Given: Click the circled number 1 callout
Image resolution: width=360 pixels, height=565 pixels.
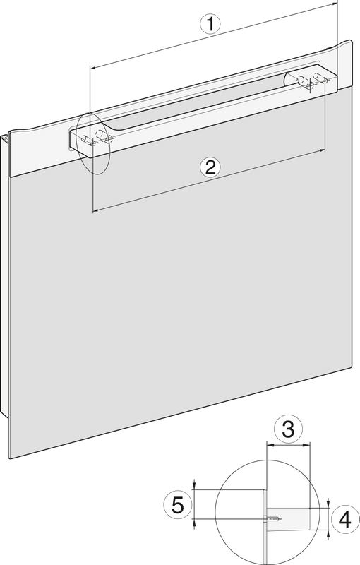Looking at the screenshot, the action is (x=210, y=24).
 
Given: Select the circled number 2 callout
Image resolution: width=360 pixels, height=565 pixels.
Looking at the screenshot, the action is (x=210, y=167).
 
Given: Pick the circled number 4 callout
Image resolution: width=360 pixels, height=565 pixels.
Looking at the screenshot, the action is (x=345, y=521).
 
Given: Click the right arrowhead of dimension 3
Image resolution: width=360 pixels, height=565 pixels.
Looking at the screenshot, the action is (x=307, y=446).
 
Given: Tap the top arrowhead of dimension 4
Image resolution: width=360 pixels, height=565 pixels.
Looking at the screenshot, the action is (x=328, y=504).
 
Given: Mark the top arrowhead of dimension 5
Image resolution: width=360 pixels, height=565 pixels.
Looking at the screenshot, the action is (x=194, y=486).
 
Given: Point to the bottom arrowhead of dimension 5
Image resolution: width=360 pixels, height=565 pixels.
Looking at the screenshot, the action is (x=194, y=523).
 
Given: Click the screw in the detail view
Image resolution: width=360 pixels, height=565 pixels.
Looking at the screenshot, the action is (x=273, y=519).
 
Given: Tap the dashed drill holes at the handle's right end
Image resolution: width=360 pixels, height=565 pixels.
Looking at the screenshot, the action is (x=311, y=81).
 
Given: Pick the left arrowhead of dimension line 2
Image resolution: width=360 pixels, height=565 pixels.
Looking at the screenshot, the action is (x=96, y=210).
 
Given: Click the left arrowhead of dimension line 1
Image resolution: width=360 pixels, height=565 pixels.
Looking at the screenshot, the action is (x=92, y=67).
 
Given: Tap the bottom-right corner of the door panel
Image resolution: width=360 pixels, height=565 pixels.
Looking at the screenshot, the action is (x=351, y=367).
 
